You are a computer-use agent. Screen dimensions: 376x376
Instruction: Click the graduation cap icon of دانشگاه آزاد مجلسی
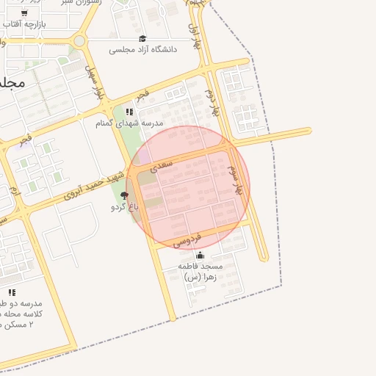click(x=142, y=39)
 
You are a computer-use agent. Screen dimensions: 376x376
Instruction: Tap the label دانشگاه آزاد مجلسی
click(x=143, y=50)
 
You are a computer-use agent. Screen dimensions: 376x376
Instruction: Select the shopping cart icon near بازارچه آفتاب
click(x=24, y=13)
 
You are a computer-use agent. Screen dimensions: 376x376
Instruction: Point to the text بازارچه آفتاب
click(x=24, y=24)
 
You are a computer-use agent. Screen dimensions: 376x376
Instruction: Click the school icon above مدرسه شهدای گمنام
click(x=129, y=112)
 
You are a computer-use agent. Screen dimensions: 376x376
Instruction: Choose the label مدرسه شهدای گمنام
click(x=129, y=123)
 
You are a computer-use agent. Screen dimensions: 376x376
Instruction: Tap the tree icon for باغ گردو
click(x=124, y=195)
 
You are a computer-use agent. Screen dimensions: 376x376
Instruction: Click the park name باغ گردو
click(x=125, y=207)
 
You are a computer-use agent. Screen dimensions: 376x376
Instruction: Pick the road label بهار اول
click(x=193, y=36)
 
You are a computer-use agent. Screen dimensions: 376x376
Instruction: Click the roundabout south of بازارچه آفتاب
click(x=79, y=40)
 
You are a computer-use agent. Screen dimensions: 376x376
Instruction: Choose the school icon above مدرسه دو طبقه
click(x=12, y=292)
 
